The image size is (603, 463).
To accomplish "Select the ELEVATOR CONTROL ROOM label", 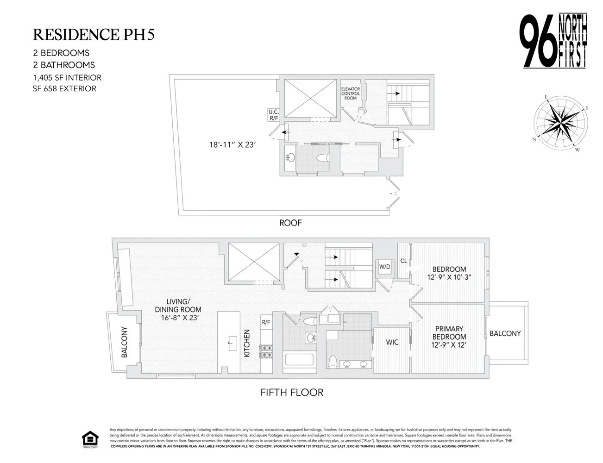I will pos(351,94).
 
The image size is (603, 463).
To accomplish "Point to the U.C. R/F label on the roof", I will pos(273,115).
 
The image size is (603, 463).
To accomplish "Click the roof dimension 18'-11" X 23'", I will pos(232,144).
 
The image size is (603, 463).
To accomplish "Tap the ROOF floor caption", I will pos(290,223).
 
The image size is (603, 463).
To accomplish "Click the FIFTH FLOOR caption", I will pos(292,393).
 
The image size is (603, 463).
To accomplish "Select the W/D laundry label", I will pos(384,267).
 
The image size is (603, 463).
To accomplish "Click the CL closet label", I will pos(403,261).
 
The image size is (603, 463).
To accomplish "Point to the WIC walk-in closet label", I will pos(392,342).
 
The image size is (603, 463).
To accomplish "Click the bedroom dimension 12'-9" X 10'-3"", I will pos(449,278).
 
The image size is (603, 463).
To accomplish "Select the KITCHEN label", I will pos(247,343).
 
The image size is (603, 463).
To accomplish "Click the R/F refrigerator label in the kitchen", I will pos(266,322).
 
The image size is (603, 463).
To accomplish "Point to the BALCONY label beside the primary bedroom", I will pos(505,333).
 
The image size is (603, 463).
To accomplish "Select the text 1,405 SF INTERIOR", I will pos(67,78).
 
